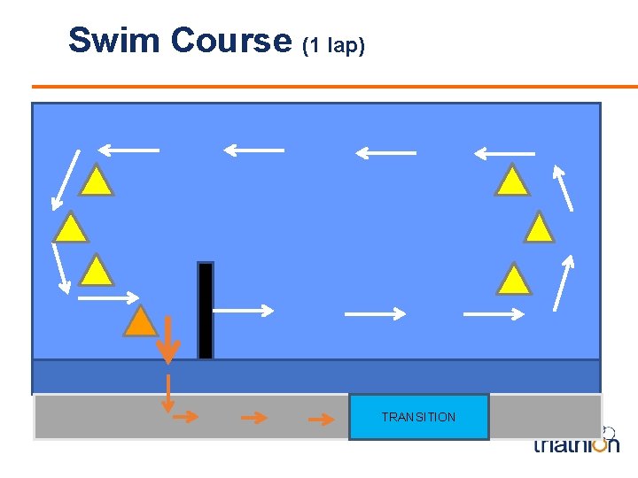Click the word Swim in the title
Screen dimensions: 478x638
pos(115,40)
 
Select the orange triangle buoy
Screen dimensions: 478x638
pos(139,321)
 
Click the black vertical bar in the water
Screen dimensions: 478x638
pos(206,310)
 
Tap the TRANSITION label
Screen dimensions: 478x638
pos(418,417)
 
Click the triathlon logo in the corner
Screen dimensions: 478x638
pos(576,443)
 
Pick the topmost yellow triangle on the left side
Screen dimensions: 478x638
pos(97,181)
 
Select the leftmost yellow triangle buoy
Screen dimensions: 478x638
pos(70,227)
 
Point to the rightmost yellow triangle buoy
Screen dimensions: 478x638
pos(539,227)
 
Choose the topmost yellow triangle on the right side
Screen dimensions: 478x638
pos(512,181)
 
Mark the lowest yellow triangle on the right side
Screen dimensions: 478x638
pos(513,279)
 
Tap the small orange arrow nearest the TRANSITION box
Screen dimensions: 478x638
pos(321,418)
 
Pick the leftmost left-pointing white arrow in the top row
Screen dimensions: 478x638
pos(128,150)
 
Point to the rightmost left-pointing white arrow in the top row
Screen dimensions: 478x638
pos(504,153)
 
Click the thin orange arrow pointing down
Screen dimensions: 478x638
pos(167,391)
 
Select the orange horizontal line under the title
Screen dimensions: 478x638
pos(335,87)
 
